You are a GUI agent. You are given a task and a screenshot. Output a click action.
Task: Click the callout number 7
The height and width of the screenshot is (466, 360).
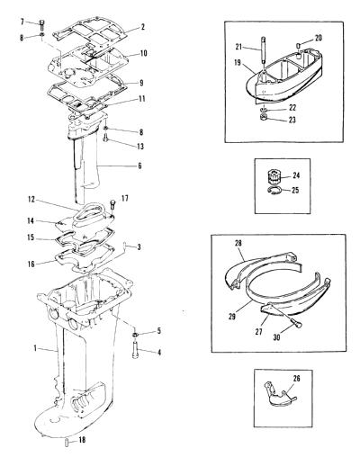point(22,22)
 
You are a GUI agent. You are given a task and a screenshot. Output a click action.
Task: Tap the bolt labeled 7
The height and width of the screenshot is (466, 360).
point(41,25)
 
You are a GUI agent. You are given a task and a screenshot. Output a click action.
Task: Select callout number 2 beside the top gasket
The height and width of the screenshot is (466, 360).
point(143,27)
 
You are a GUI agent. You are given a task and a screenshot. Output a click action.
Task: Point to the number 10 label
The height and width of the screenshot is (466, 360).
point(143,53)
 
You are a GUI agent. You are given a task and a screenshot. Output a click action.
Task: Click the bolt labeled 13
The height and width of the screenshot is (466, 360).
point(106,138)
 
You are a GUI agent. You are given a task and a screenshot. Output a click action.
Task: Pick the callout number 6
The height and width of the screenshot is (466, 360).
point(139,166)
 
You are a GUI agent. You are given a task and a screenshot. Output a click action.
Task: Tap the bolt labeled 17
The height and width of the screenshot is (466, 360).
point(112,205)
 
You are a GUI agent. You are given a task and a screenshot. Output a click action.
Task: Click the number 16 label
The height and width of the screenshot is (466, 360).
point(31,264)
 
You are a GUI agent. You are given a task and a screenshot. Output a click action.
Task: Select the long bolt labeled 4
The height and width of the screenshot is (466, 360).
point(135,350)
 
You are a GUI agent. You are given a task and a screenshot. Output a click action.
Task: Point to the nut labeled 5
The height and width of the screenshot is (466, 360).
point(135,334)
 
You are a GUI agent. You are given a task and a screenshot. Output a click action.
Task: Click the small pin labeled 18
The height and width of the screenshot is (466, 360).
point(67,443)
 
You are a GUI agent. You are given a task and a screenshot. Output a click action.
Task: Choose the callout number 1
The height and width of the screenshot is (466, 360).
point(35,348)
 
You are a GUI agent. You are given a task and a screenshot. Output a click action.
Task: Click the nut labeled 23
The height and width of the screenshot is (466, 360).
point(264,117)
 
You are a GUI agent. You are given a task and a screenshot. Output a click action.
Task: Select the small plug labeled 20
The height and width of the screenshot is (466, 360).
point(299,46)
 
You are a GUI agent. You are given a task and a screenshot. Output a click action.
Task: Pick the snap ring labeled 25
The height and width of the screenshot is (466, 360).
point(274,191)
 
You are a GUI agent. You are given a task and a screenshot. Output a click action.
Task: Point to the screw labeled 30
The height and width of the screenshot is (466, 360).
point(297,323)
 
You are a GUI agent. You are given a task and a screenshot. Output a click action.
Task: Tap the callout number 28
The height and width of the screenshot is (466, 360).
point(238,243)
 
